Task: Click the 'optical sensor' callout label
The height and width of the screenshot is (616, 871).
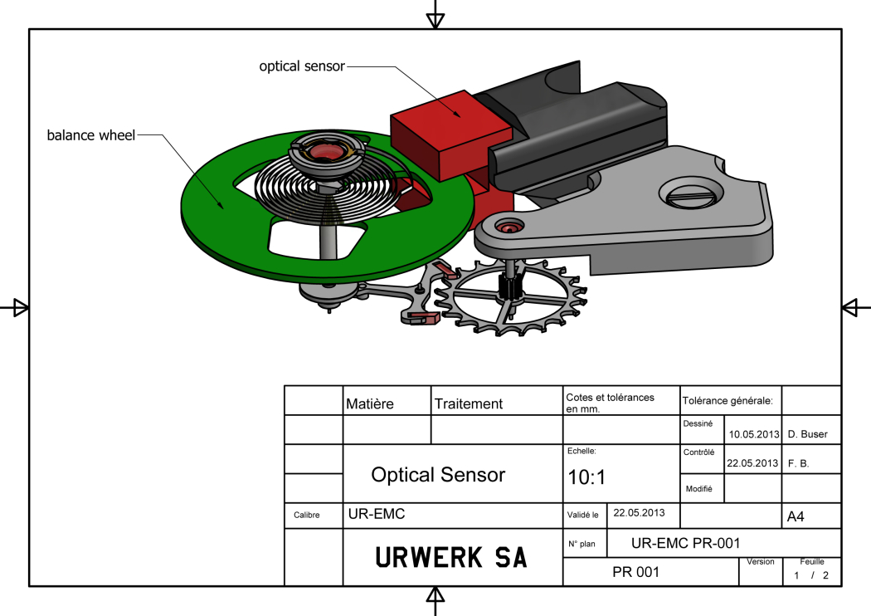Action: tap(301, 66)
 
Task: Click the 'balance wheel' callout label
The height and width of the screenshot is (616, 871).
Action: tap(90, 134)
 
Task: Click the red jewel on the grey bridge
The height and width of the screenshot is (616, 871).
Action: tap(507, 225)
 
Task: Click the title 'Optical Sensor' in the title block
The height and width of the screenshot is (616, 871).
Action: tap(438, 475)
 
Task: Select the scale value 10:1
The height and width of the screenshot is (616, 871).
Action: tap(586, 478)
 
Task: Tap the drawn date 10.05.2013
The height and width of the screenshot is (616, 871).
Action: tap(753, 434)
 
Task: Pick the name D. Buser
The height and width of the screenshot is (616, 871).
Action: tap(807, 434)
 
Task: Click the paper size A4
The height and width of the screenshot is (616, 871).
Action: tap(795, 517)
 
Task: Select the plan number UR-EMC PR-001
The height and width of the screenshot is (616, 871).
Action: tap(684, 544)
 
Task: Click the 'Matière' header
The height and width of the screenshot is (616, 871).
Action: tap(370, 404)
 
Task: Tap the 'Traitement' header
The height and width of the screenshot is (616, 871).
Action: tap(469, 404)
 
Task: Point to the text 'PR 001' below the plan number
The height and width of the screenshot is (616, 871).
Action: tap(636, 572)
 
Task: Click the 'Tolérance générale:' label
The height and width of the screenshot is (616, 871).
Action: tap(727, 401)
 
